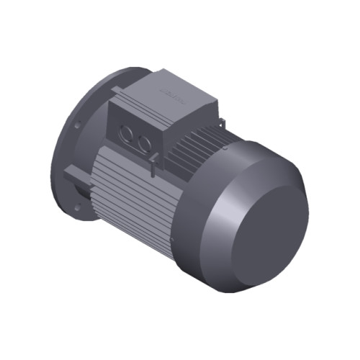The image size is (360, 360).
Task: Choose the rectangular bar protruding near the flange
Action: (x=75, y=175)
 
